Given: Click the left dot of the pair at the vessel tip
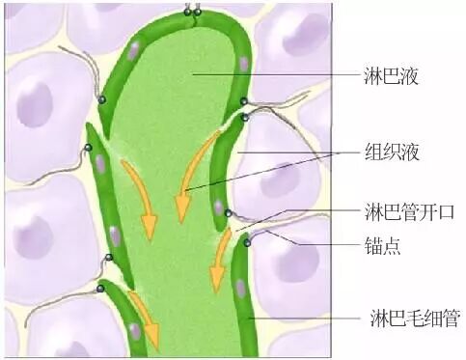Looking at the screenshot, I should [x=189, y=12].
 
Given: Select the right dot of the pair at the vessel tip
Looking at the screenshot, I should [x=199, y=12].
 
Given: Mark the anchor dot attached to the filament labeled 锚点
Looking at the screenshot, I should [x=247, y=241].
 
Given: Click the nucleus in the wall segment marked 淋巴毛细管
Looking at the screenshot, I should [x=240, y=287].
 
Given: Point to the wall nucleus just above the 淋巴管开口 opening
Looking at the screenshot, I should [x=220, y=207].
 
